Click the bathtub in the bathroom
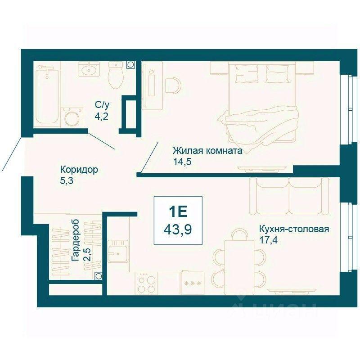(47, 95)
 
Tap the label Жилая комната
(207, 151)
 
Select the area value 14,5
(182, 162)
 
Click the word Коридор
(79, 170)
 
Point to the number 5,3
(67, 181)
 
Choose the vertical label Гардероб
(76, 240)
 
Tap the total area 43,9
(178, 229)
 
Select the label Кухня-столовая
(294, 229)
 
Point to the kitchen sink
(118, 251)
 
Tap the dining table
(239, 267)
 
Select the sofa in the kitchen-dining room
(289, 196)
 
